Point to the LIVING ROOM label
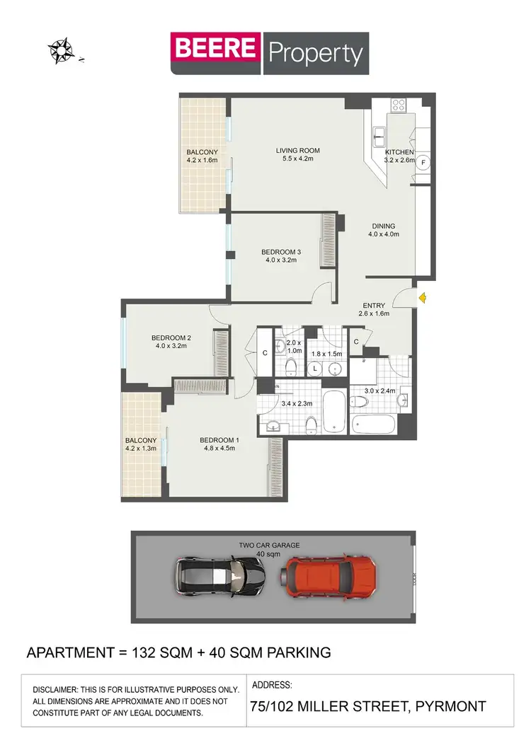[298, 151]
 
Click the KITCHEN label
[399, 152]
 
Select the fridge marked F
[423, 162]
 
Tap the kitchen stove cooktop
[399, 105]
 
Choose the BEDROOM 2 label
[171, 337]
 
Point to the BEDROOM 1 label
[219, 440]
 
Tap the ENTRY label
[374, 306]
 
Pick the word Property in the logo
[315, 53]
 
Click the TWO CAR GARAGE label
[269, 545]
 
